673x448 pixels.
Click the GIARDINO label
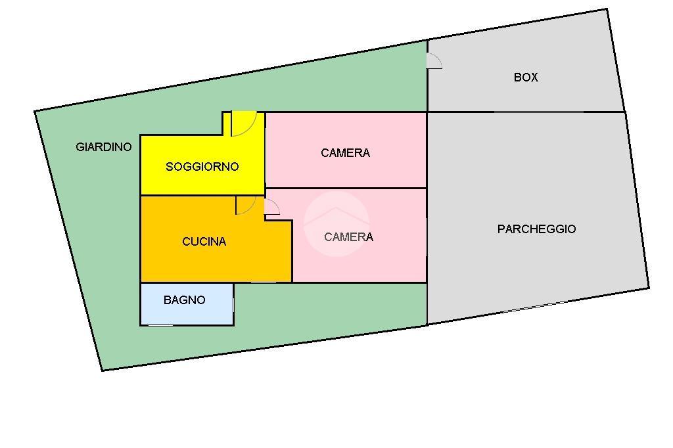(x=103, y=146)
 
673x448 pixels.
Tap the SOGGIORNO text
(x=202, y=166)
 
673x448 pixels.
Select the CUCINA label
(x=204, y=242)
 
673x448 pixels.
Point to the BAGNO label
(x=184, y=300)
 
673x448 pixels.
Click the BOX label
(x=526, y=78)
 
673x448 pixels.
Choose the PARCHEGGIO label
(x=536, y=229)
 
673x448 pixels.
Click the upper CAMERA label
(x=345, y=153)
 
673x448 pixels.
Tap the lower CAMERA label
(x=348, y=237)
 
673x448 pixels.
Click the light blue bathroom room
(x=187, y=304)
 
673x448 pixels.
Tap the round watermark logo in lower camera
(x=336, y=224)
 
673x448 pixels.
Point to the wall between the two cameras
(x=346, y=188)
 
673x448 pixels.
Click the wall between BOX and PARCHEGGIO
(x=526, y=112)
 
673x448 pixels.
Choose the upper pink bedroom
(x=346, y=150)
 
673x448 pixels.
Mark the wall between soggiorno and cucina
(x=202, y=195)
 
